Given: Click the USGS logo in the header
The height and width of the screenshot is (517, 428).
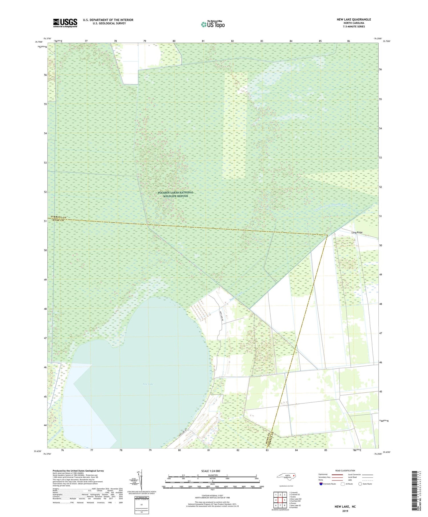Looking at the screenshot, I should tap(65, 23).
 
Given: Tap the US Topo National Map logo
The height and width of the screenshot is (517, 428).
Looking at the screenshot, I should tap(213, 24).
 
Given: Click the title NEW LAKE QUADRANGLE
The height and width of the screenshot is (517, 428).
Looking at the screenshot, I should tap(354, 19).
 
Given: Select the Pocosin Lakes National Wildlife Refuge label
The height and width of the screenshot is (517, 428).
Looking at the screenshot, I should tap(175, 194).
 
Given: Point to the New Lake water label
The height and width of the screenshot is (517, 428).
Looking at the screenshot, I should tap(148, 384).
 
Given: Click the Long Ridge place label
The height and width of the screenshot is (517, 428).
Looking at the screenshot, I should tap(357, 232).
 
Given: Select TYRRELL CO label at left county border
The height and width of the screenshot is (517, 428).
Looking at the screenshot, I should tap(58, 217).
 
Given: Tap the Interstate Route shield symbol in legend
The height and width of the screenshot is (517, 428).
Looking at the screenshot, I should tap(321, 484).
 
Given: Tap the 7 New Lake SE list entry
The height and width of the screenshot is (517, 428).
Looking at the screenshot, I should tap(295, 505).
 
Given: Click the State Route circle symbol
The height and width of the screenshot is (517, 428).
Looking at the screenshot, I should tap(360, 484).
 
